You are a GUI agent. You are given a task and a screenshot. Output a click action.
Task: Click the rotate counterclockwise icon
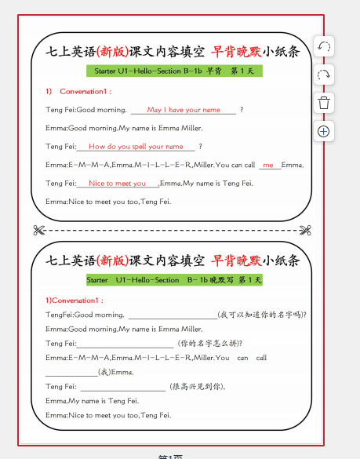324,47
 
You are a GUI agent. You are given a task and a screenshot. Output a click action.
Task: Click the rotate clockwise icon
324,75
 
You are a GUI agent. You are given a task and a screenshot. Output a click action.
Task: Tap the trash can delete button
324,103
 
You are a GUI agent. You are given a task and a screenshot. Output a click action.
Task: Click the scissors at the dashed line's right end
305,230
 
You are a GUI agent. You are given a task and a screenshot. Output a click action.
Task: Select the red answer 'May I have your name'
184,110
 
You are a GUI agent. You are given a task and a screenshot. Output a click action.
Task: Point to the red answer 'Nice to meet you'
118,184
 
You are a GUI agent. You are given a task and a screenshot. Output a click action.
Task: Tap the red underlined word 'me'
268,166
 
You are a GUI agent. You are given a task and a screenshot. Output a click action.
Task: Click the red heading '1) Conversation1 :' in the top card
75,92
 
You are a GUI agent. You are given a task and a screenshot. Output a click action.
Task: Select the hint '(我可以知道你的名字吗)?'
262,315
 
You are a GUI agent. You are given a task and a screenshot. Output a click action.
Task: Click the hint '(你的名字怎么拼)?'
209,343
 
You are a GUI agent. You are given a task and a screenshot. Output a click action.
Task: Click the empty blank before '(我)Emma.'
71,372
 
